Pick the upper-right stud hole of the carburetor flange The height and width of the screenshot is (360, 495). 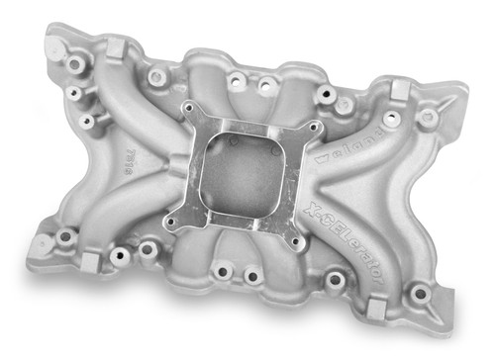[x=316, y=128]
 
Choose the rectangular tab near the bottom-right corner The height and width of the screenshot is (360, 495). [x=374, y=309]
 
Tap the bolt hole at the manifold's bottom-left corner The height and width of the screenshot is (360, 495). [x=66, y=237]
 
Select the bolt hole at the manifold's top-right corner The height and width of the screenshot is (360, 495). [x=428, y=117]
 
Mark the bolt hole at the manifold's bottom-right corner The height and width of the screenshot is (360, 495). [x=420, y=293]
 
